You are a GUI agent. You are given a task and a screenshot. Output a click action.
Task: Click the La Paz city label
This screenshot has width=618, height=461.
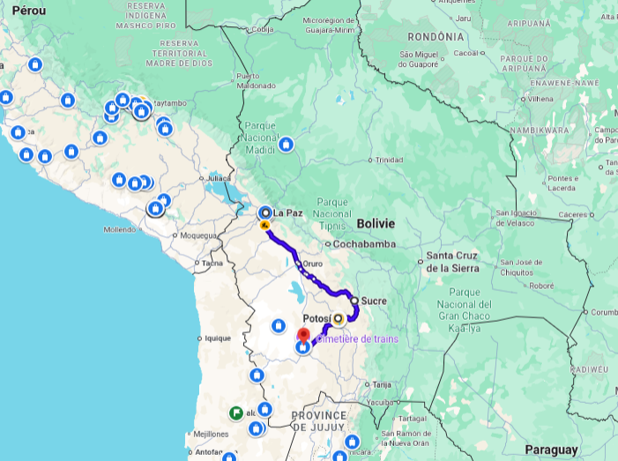click(288, 212)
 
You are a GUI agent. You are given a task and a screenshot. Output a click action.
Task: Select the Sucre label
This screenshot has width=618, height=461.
click(374, 301)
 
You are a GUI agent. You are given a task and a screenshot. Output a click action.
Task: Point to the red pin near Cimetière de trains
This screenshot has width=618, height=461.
click(303, 336)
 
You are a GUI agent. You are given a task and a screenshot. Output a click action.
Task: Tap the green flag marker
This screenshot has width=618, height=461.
click(235, 412)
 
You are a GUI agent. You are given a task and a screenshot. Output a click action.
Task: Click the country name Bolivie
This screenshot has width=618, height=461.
click(376, 223)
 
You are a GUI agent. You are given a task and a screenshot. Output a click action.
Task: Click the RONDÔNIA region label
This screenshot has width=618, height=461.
click(436, 37)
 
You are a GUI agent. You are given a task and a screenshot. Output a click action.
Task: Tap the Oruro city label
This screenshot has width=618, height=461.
click(312, 264)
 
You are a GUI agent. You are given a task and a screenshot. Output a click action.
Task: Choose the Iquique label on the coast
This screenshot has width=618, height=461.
click(217, 338)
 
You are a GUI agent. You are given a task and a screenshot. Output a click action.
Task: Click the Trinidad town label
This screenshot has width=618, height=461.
click(389, 160)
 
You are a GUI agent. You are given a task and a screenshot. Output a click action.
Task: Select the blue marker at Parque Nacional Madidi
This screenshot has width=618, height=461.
click(286, 144)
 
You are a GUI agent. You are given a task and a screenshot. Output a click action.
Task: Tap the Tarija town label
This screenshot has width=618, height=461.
click(382, 384)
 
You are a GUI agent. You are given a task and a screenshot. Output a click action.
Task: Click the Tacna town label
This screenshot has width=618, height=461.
click(212, 263)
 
